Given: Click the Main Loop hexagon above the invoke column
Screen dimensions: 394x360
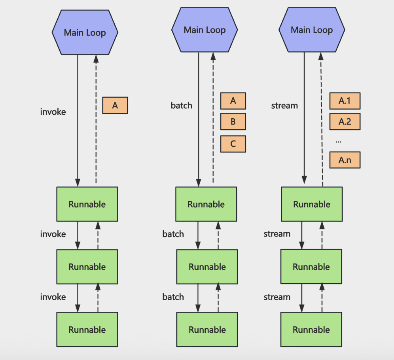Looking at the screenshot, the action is tap(85, 32).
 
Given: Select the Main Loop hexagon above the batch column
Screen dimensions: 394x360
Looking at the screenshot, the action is tap(205, 30).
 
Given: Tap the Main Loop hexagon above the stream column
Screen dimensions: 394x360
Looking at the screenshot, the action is tap(312, 30).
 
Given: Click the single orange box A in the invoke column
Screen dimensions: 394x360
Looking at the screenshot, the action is tap(115, 105).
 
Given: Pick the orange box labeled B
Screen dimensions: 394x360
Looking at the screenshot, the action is tap(233, 121).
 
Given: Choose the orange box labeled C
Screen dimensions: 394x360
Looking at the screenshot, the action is tap(233, 144).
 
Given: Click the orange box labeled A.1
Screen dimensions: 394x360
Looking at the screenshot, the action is tap(345, 101).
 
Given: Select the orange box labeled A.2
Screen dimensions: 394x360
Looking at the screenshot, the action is tap(345, 121).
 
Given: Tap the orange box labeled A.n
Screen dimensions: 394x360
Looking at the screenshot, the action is tap(345, 160).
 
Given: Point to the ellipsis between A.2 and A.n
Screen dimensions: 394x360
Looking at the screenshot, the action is tap(339, 142).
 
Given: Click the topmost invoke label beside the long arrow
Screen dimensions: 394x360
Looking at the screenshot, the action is tap(53, 112).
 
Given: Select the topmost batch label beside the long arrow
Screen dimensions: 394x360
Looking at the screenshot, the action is tap(182, 105).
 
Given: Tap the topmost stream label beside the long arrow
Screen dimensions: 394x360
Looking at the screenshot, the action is tap(284, 106).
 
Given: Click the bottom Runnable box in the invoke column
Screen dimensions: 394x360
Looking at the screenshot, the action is tap(87, 330).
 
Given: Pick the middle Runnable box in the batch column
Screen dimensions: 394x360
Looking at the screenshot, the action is tap(207, 267).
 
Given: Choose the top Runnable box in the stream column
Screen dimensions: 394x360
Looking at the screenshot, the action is tap(312, 204).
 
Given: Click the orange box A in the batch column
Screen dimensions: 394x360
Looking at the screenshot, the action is tap(233, 101).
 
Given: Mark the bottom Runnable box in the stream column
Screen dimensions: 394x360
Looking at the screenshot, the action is tap(311, 330).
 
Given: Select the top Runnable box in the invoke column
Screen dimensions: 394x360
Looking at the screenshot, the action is tap(87, 204).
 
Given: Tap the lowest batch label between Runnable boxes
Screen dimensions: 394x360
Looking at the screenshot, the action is tap(173, 297).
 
